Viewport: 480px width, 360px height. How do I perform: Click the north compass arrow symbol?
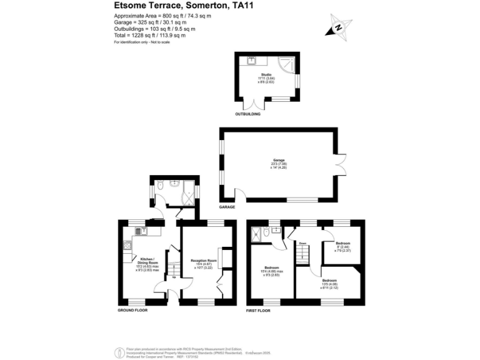tap(338, 27)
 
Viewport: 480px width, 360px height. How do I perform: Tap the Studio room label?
tap(266, 74)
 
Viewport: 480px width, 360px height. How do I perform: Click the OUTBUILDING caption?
tap(247, 114)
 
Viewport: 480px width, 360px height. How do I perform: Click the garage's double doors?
tap(341, 164)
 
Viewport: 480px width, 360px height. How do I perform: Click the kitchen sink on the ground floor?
tap(141, 231)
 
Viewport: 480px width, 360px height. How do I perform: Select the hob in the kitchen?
tap(127, 245)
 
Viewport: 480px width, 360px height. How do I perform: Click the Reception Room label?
tap(203, 260)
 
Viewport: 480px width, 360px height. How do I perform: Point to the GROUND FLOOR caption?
tap(133, 310)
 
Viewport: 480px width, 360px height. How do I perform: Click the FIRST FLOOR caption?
tap(260, 310)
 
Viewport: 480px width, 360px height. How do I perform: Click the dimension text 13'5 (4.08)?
tap(331, 284)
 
